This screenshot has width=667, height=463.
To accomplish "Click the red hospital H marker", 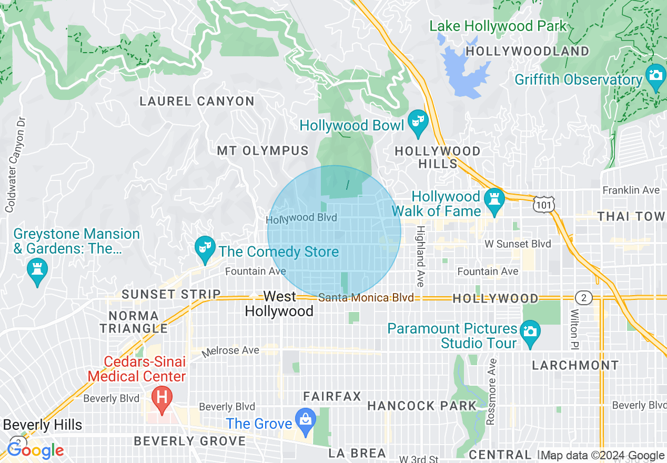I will click(x=162, y=398).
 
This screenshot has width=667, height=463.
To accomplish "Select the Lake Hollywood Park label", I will click(x=498, y=26).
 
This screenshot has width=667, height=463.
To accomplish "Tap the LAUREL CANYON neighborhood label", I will click(x=197, y=101).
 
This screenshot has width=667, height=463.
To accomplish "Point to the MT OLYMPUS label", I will click(x=262, y=151).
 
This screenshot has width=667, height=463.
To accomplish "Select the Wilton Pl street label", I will click(x=573, y=328).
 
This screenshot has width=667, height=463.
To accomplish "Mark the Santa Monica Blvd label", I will click(x=366, y=298).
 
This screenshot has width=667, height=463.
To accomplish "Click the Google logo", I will click(x=35, y=450).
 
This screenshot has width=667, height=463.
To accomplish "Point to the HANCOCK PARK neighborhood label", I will click(x=421, y=406).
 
